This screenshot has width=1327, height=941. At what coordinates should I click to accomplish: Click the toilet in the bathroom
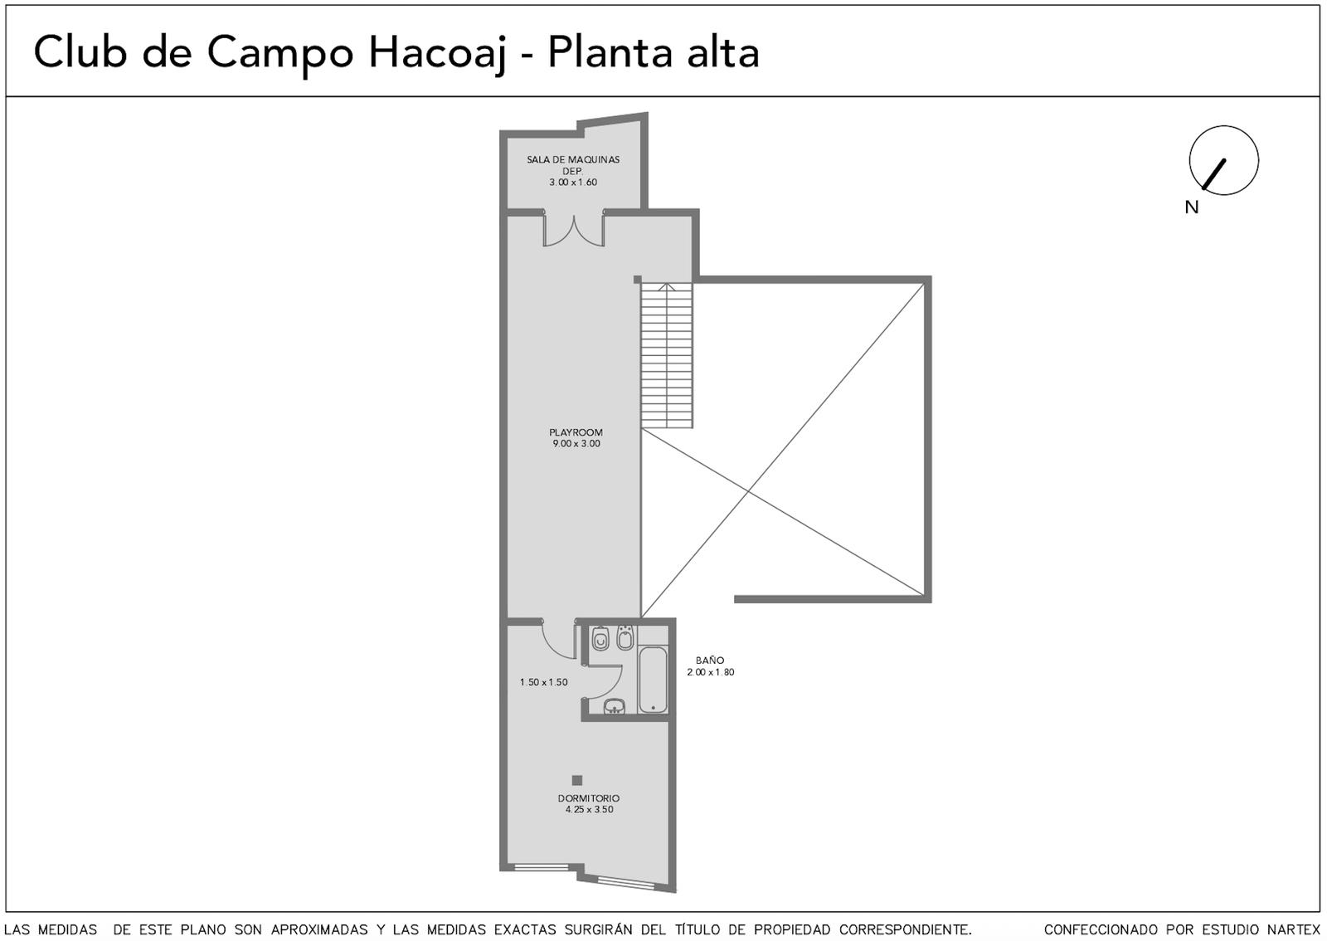(600, 638)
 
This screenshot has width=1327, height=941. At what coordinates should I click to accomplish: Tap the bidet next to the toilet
(625, 637)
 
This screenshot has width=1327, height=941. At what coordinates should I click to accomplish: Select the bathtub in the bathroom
(653, 679)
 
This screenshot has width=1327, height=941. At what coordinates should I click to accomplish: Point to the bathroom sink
(615, 705)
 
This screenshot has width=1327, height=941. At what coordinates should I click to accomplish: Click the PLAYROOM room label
(576, 432)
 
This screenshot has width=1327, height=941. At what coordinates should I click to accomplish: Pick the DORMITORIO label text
(589, 798)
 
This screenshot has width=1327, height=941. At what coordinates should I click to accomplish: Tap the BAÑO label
(710, 661)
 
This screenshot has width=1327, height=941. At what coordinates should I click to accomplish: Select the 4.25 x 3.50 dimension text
(590, 809)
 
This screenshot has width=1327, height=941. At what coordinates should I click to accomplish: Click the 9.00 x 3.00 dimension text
(576, 443)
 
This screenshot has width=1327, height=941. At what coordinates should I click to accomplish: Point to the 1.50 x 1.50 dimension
(544, 682)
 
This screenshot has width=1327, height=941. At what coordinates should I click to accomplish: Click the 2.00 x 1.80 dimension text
(710, 672)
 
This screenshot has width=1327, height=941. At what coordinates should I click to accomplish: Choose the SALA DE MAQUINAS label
(573, 159)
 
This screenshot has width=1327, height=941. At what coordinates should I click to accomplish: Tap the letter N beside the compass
(1191, 207)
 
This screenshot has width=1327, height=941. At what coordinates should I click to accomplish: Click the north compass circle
(1224, 126)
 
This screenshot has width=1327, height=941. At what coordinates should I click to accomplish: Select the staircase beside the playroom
(667, 355)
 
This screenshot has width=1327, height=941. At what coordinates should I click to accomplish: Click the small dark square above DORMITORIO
(577, 780)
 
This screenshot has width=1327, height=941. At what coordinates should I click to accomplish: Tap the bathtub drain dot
(653, 708)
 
